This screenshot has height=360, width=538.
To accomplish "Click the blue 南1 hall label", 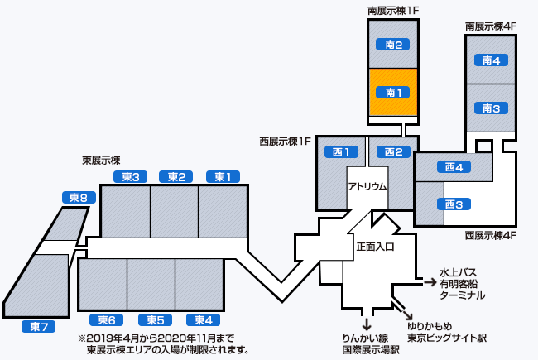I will [393, 94].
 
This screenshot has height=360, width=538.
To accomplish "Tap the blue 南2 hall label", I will [393, 45].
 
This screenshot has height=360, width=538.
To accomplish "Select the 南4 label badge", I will [491, 60].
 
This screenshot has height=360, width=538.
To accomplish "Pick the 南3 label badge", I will [491, 108].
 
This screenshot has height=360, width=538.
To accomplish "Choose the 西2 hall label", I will [393, 151].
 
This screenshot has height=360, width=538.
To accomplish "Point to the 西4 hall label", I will [453, 167].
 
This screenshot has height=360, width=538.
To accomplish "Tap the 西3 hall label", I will [453, 204].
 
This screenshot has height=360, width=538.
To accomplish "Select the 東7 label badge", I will [38, 326].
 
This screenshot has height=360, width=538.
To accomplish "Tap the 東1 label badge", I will [223, 176].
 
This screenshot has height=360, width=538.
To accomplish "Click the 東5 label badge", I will [155, 320].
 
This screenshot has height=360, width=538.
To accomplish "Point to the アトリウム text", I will [367, 186].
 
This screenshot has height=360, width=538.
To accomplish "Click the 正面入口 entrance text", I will [375, 247].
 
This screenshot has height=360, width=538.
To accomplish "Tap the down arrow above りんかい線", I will [366, 321].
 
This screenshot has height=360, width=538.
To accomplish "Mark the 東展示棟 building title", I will [101, 160].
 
